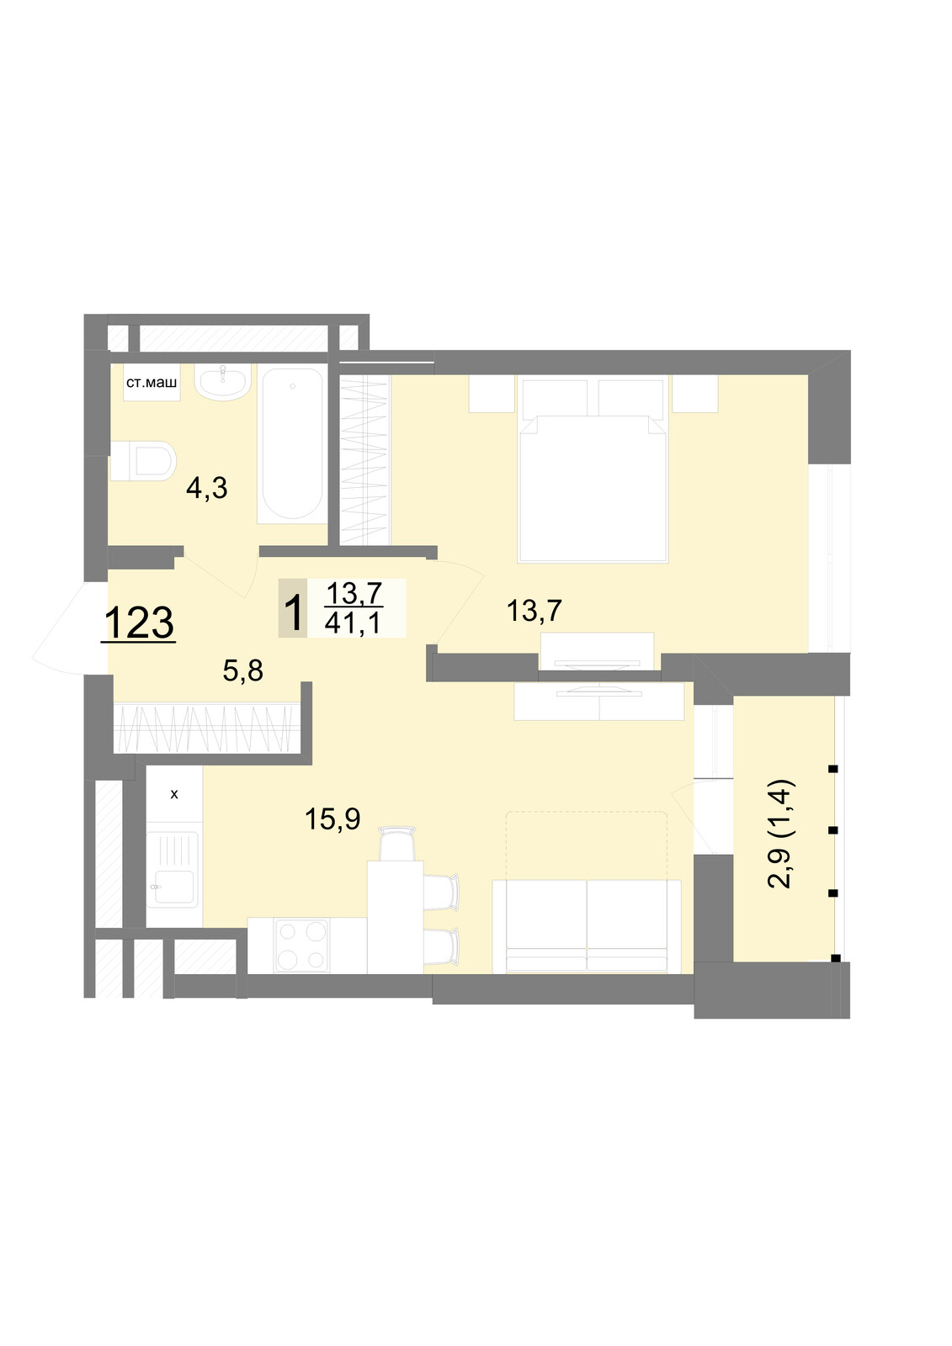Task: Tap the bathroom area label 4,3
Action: (x=207, y=488)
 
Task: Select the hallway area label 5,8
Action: (x=243, y=670)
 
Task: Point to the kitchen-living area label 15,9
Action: (x=332, y=819)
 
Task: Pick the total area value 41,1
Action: (x=353, y=623)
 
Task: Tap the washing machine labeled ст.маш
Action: (x=152, y=383)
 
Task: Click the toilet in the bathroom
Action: (x=142, y=461)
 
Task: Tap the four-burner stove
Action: (x=302, y=946)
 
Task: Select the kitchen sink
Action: (x=174, y=870)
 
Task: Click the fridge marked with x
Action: (x=174, y=794)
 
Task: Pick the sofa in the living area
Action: (x=587, y=926)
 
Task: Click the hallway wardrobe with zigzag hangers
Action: (x=207, y=728)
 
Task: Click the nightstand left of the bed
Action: (x=492, y=394)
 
